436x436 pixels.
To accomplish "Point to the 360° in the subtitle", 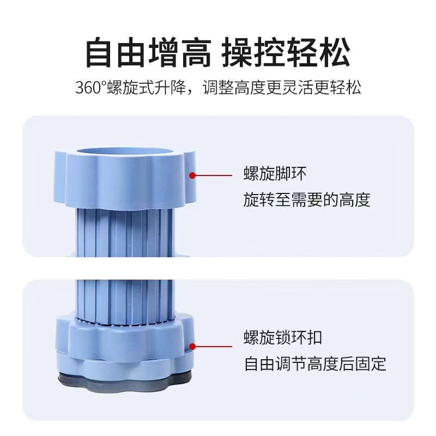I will (91, 88).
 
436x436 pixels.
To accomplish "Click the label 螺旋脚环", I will (275, 174).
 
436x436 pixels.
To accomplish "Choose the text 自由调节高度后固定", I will (315, 362).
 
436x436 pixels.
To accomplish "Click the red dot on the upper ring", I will (192, 175).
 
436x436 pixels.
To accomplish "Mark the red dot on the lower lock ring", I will (192, 346).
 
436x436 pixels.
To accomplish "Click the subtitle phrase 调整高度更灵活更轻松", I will (287, 88).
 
